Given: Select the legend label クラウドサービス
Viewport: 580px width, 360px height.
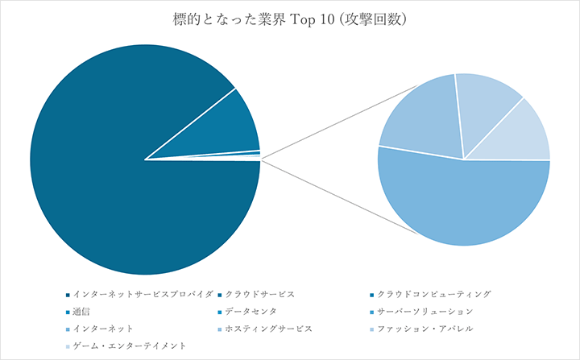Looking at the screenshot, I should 266,295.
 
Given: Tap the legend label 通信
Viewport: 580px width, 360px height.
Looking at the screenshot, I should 82,312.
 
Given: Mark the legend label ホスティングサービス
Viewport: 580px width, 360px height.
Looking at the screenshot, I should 269,329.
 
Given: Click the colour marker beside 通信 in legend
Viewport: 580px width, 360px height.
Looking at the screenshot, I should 67,312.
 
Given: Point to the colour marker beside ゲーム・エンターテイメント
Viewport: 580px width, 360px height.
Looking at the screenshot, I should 67,346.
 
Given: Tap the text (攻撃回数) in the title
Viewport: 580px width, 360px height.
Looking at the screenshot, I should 374,19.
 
